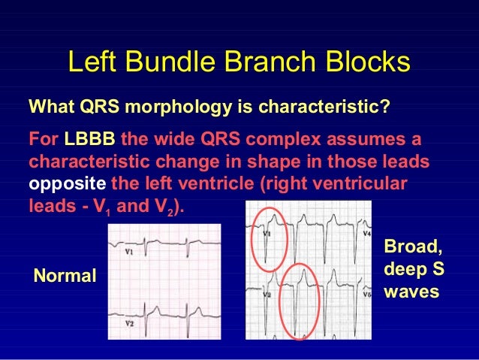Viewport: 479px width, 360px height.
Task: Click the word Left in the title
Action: click(x=94, y=62)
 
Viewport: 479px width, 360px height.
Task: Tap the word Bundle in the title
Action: click(x=180, y=62)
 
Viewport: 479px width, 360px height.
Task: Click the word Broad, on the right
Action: click(x=414, y=247)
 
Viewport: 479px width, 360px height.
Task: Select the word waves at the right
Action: click(x=411, y=291)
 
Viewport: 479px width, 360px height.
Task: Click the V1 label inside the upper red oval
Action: click(x=267, y=234)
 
